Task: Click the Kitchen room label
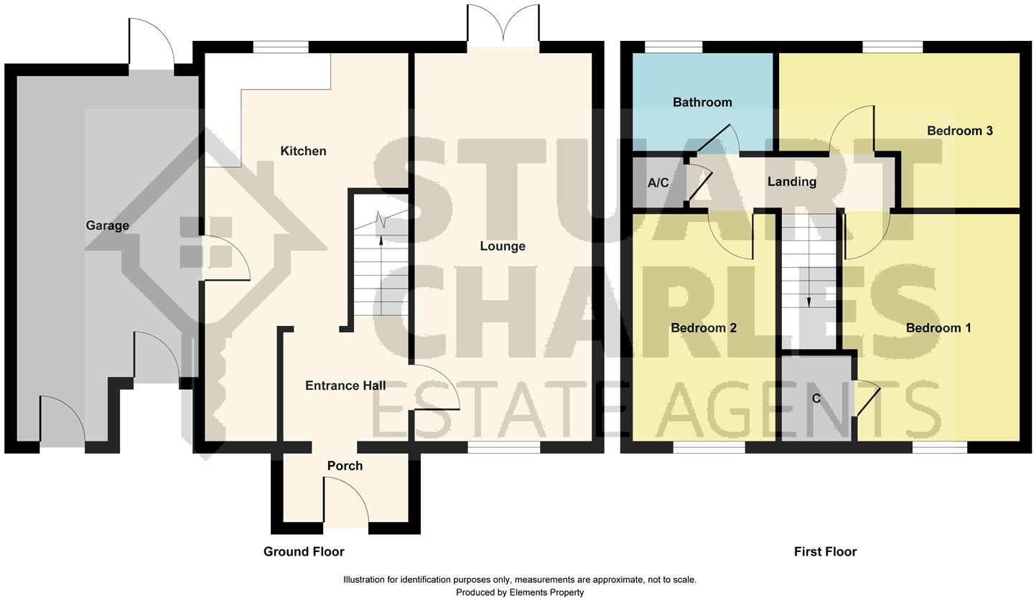point(303,151)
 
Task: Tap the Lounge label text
point(503,246)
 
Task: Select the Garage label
point(107,225)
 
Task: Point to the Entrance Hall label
point(345,385)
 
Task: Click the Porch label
point(345,466)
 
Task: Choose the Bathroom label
point(702,102)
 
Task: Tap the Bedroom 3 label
point(959,131)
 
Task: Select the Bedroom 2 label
point(703,328)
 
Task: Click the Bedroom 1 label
point(938,328)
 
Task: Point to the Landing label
point(791,182)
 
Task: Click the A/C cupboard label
point(658,183)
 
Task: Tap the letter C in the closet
point(816,398)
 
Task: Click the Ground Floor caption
point(304,551)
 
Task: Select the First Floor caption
point(825,551)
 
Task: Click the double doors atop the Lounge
point(503,25)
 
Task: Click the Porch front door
point(346,502)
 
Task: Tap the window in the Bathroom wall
point(674,47)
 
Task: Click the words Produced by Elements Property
point(519,592)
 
